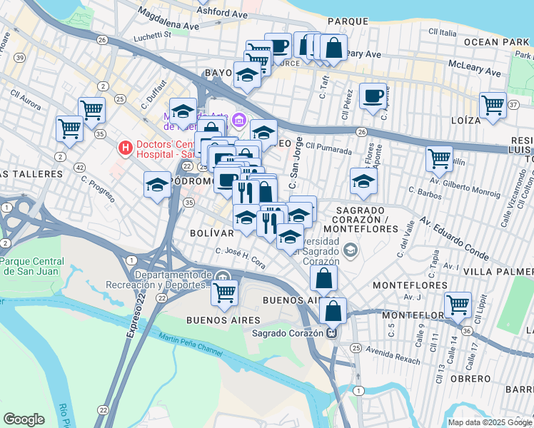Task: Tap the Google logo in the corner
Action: click(24, 419)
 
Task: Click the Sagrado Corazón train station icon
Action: click(331, 332)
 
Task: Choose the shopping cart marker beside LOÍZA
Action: click(493, 104)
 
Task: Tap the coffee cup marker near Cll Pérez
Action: click(371, 96)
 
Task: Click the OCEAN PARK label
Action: click(497, 42)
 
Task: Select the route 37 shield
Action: click(514, 106)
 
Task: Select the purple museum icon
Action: click(239, 118)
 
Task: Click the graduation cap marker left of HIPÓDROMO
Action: click(157, 185)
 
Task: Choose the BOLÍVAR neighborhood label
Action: click(213, 233)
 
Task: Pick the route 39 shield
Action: click(21, 57)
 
